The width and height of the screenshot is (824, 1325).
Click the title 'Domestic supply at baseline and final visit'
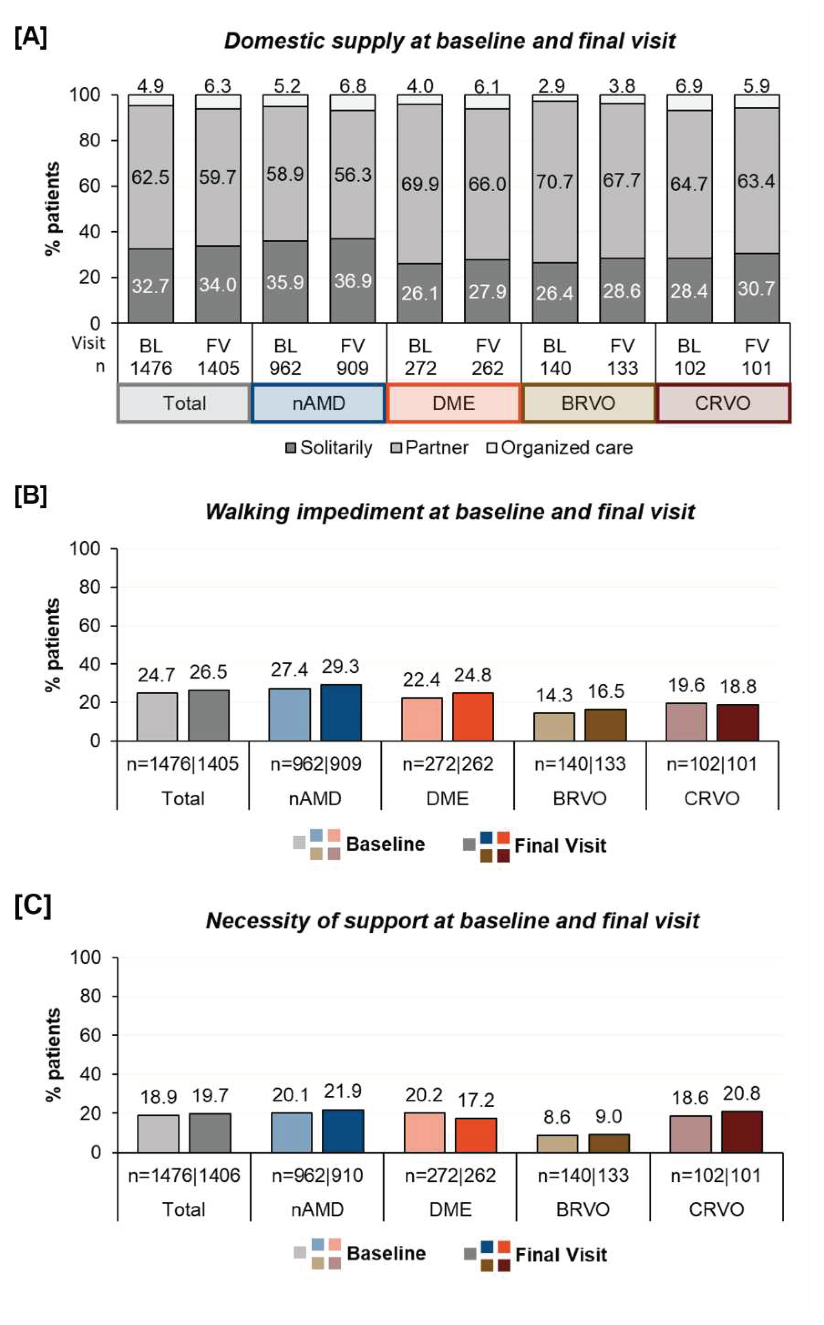click(450, 41)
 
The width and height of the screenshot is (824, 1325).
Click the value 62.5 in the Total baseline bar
click(150, 177)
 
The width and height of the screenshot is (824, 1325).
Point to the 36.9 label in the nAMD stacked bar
click(353, 281)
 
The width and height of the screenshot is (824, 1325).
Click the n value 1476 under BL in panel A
click(151, 368)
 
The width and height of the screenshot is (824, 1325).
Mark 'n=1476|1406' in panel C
click(184, 1176)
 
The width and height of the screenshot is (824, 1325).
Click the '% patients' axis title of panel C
click(53, 1055)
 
